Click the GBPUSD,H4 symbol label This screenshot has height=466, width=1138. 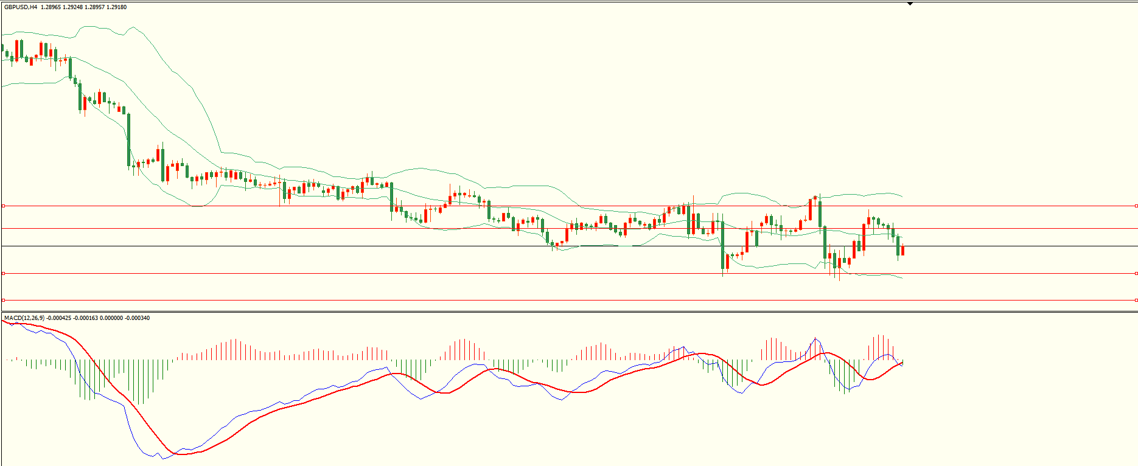coord(21,7)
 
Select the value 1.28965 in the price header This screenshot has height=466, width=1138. coord(51,7)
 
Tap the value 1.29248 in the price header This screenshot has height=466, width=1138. coord(72,7)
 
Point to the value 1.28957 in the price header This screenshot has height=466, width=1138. coord(94,7)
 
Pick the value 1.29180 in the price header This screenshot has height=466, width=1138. coord(116,7)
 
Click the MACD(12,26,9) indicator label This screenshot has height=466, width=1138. coord(24,318)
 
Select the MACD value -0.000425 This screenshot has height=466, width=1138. coord(59,318)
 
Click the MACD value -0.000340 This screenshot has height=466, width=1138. coord(137,318)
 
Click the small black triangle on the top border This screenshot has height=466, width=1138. coord(910,4)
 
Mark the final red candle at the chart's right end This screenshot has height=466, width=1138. coord(902,250)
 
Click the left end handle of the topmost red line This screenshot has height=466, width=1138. coord(3,206)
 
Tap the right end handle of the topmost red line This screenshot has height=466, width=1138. coord(1136,206)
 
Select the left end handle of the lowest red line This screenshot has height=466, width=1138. coord(3,300)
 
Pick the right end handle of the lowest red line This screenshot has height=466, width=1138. coord(1136,300)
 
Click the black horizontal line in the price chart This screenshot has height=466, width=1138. coord(548,246)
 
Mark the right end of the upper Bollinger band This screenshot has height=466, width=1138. coord(902,196)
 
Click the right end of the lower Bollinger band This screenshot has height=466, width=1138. coord(902,278)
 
